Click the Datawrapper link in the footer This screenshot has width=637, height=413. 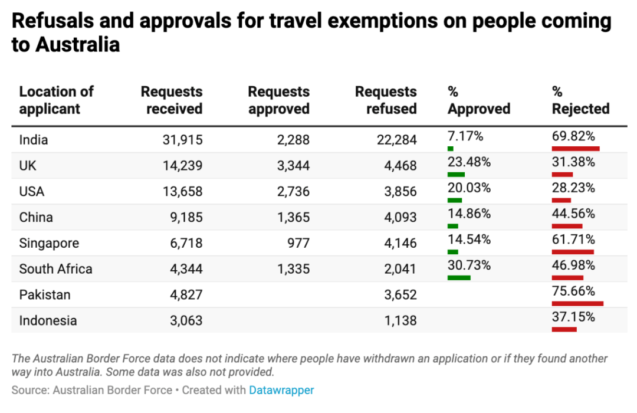click(281, 390)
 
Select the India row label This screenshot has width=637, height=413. click(34, 140)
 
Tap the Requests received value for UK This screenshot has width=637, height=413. click(183, 166)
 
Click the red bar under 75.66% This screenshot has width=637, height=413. click(577, 303)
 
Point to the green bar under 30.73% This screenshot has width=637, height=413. click(459, 277)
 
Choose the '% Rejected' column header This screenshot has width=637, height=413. click(580, 100)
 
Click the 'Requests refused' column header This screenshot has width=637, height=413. click(386, 100)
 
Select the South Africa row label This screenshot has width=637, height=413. click(55, 269)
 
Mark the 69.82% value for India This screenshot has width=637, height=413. click(573, 136)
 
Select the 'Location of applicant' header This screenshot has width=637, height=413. click(56, 100)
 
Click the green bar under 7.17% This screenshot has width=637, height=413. click(451, 149)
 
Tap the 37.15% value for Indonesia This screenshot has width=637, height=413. click(573, 317)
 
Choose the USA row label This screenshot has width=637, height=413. click(32, 192)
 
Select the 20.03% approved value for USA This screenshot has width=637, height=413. click(469, 188)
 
